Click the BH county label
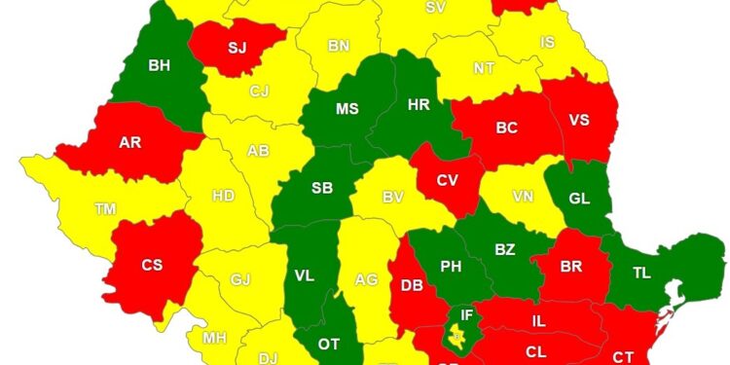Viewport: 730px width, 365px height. [159, 66]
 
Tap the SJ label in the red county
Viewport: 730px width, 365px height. [237, 47]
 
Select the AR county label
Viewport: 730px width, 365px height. [130, 142]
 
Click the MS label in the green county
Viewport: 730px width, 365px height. [347, 108]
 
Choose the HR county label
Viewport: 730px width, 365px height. [419, 104]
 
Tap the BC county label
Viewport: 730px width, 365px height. [506, 128]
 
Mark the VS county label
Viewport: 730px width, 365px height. [579, 121]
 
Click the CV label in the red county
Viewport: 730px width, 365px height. [447, 180]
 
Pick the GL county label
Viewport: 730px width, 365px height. [579, 198]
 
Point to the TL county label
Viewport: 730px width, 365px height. [641, 274]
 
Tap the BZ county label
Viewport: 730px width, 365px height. [504, 250]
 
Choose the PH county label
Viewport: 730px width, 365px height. [451, 266]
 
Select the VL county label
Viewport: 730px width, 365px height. [305, 275]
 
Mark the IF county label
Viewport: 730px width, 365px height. [467, 315]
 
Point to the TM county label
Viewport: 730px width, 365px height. [105, 209]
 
